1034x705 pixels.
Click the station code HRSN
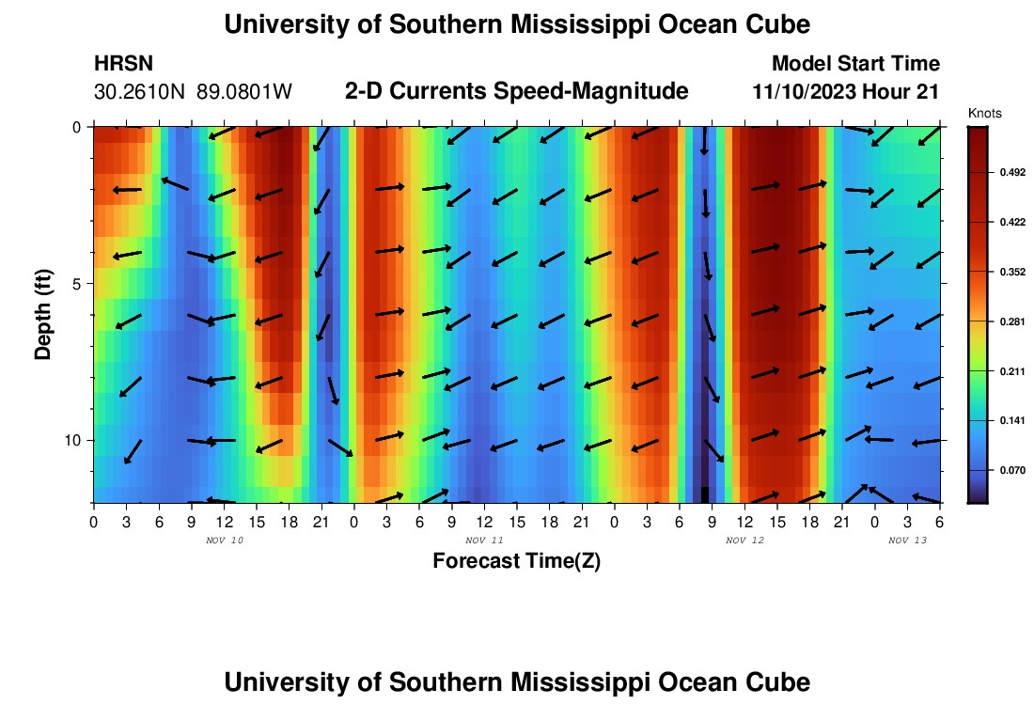(x=124, y=64)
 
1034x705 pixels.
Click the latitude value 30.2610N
(x=141, y=92)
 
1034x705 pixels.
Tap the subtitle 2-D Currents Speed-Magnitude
(x=517, y=91)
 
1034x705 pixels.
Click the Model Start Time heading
(x=855, y=64)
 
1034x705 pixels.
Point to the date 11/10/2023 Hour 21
(x=846, y=92)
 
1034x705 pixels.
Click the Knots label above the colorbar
(x=985, y=113)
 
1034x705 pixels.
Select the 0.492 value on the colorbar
(x=1000, y=172)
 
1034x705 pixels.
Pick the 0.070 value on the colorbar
(x=1000, y=469)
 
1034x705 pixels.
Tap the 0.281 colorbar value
(x=1000, y=321)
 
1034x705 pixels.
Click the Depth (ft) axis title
(x=42, y=314)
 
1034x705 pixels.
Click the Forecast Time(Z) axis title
(x=516, y=561)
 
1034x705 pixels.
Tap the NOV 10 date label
(x=224, y=540)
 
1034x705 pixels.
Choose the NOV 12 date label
(x=744, y=540)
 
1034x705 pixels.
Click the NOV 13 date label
(x=907, y=540)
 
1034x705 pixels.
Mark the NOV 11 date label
(x=484, y=540)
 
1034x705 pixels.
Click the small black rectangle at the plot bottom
(x=705, y=494)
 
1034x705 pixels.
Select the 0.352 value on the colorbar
(x=1000, y=272)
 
